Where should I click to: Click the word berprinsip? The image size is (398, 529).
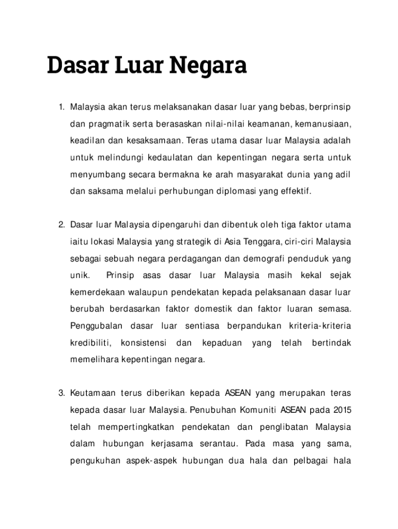(x=330, y=107)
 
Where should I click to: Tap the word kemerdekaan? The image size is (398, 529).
(x=96, y=292)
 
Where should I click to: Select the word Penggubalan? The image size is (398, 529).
(x=96, y=326)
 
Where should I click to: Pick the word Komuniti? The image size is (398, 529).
(x=258, y=411)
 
